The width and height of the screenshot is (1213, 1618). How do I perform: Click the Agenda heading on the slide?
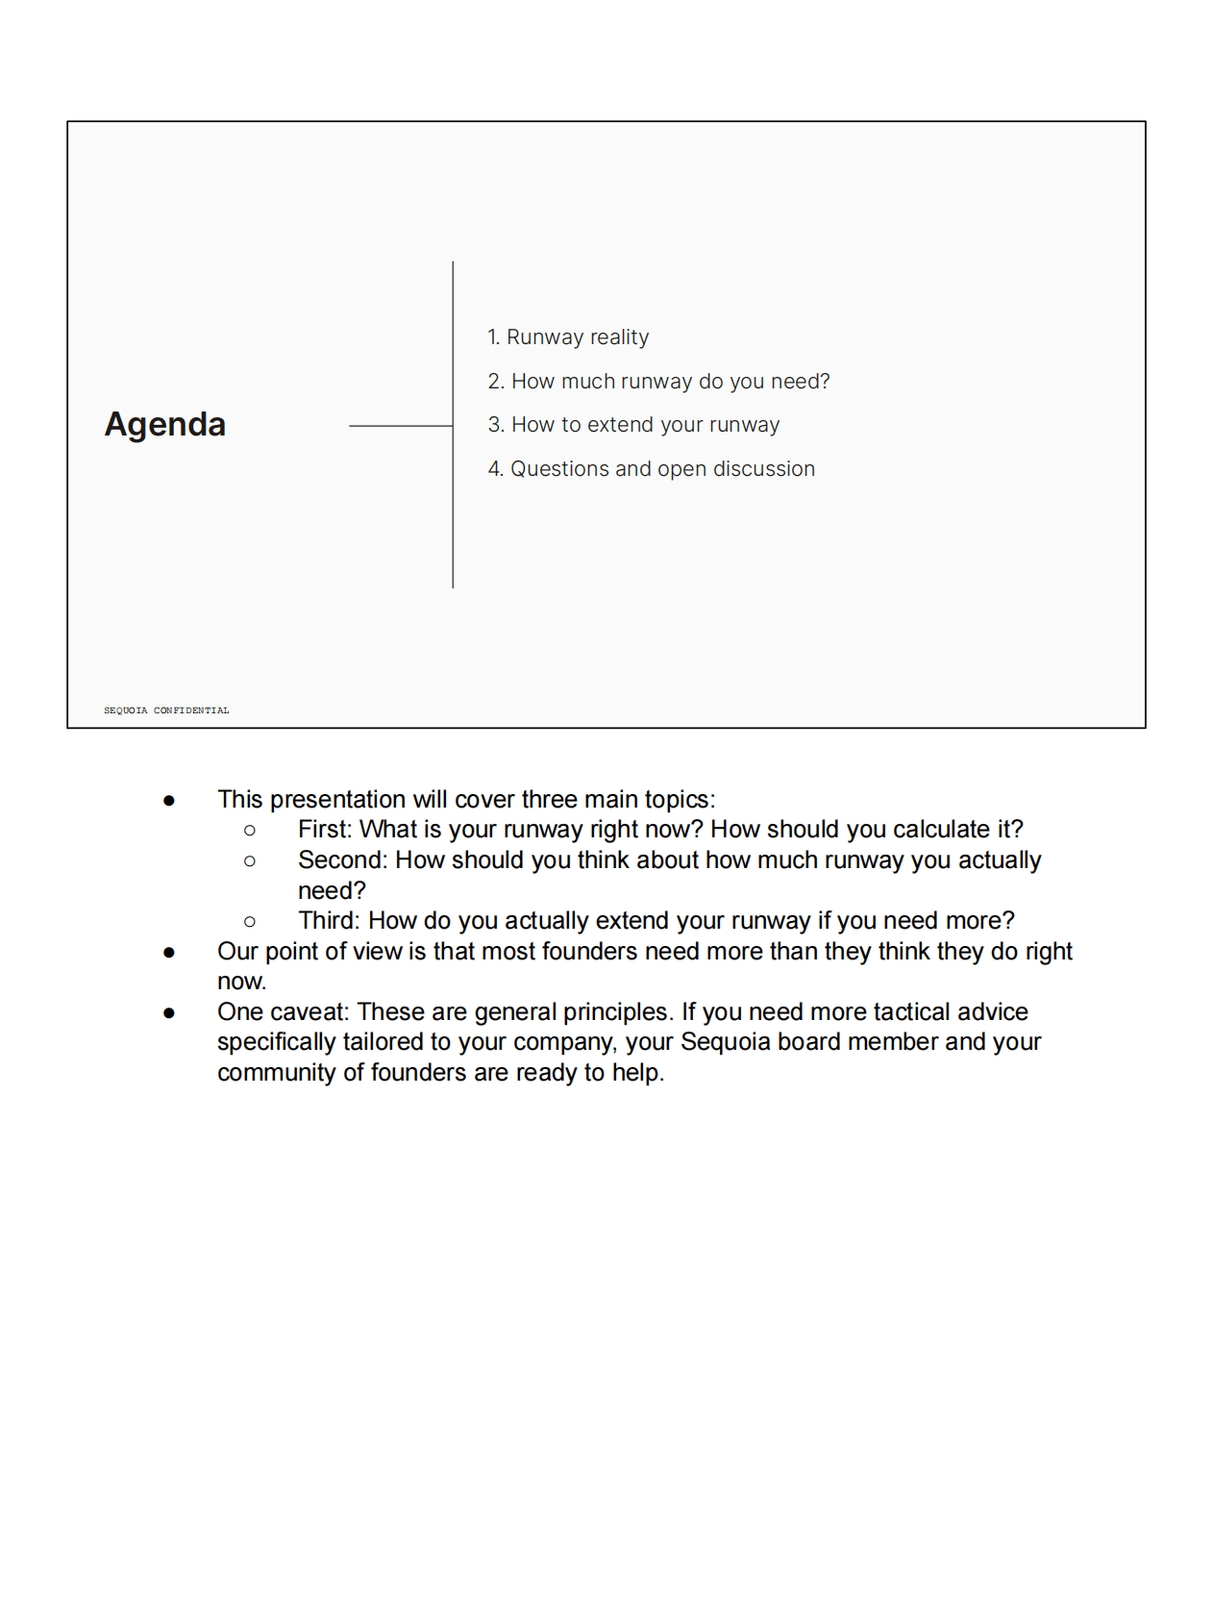[165, 424]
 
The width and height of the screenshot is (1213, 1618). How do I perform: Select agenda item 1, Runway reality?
[568, 337]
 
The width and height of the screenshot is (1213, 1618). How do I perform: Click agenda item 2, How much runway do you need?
[658, 382]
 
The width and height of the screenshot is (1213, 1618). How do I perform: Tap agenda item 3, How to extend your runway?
[633, 425]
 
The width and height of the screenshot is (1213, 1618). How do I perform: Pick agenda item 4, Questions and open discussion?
[651, 469]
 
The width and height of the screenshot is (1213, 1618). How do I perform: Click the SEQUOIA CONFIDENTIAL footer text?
[166, 710]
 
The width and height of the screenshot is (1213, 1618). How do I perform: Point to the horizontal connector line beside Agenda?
[400, 426]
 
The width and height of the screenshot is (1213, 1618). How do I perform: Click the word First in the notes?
[325, 830]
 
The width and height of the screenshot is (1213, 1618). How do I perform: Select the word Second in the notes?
[340, 860]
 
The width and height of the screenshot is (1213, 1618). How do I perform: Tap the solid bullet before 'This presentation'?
[169, 800]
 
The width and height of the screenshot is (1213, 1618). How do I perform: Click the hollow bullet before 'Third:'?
[250, 922]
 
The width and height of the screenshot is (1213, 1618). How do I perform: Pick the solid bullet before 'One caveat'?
[169, 1012]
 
